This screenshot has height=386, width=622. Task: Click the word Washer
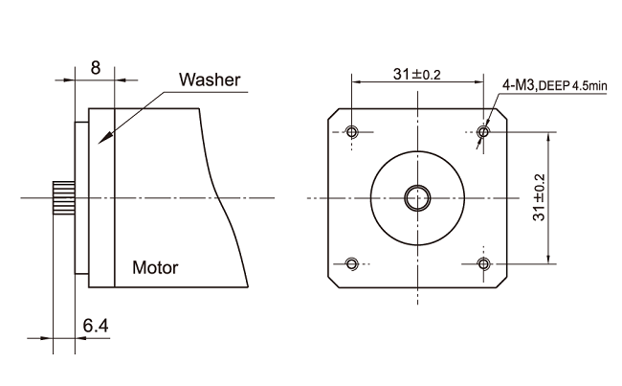click(210, 79)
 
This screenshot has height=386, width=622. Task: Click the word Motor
click(155, 267)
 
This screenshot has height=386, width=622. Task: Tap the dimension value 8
click(95, 67)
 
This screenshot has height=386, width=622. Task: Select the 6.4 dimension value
click(96, 326)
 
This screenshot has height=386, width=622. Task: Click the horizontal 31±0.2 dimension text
click(416, 75)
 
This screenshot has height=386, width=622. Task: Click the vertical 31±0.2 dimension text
click(540, 197)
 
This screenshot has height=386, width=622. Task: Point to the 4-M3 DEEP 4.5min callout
click(555, 85)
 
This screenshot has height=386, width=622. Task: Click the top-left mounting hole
click(352, 131)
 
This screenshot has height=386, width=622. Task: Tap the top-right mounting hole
click(483, 131)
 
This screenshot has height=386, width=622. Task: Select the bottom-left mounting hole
click(352, 263)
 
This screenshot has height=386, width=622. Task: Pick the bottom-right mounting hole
click(483, 263)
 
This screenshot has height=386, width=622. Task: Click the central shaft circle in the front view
click(417, 197)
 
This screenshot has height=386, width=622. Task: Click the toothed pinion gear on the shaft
click(64, 197)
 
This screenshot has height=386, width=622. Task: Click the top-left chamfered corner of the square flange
click(334, 114)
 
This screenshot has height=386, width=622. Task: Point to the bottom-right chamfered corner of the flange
click(501, 282)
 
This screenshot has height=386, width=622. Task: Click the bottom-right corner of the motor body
click(248, 286)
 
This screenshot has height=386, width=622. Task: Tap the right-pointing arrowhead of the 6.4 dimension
click(48, 338)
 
